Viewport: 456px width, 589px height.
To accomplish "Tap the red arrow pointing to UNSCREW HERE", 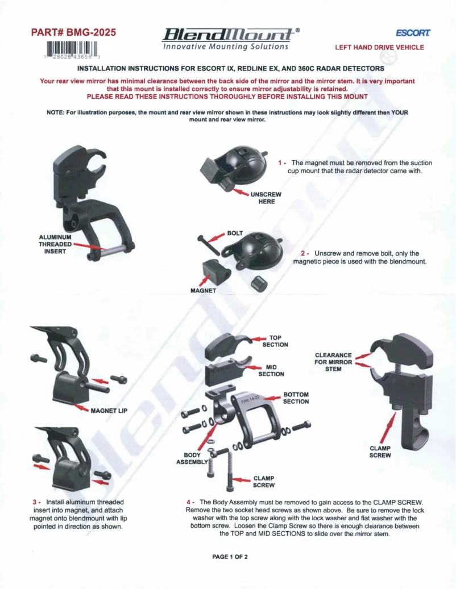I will point(241,194).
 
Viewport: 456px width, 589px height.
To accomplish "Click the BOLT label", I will point(235,233).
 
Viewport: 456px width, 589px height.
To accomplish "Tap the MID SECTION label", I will point(271,370).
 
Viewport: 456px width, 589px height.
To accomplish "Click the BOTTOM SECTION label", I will point(296,398).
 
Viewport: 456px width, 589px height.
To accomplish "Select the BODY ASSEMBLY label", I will point(192,458).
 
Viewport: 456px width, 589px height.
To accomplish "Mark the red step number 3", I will point(35,502).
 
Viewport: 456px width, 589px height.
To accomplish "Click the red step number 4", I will point(189,502).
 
